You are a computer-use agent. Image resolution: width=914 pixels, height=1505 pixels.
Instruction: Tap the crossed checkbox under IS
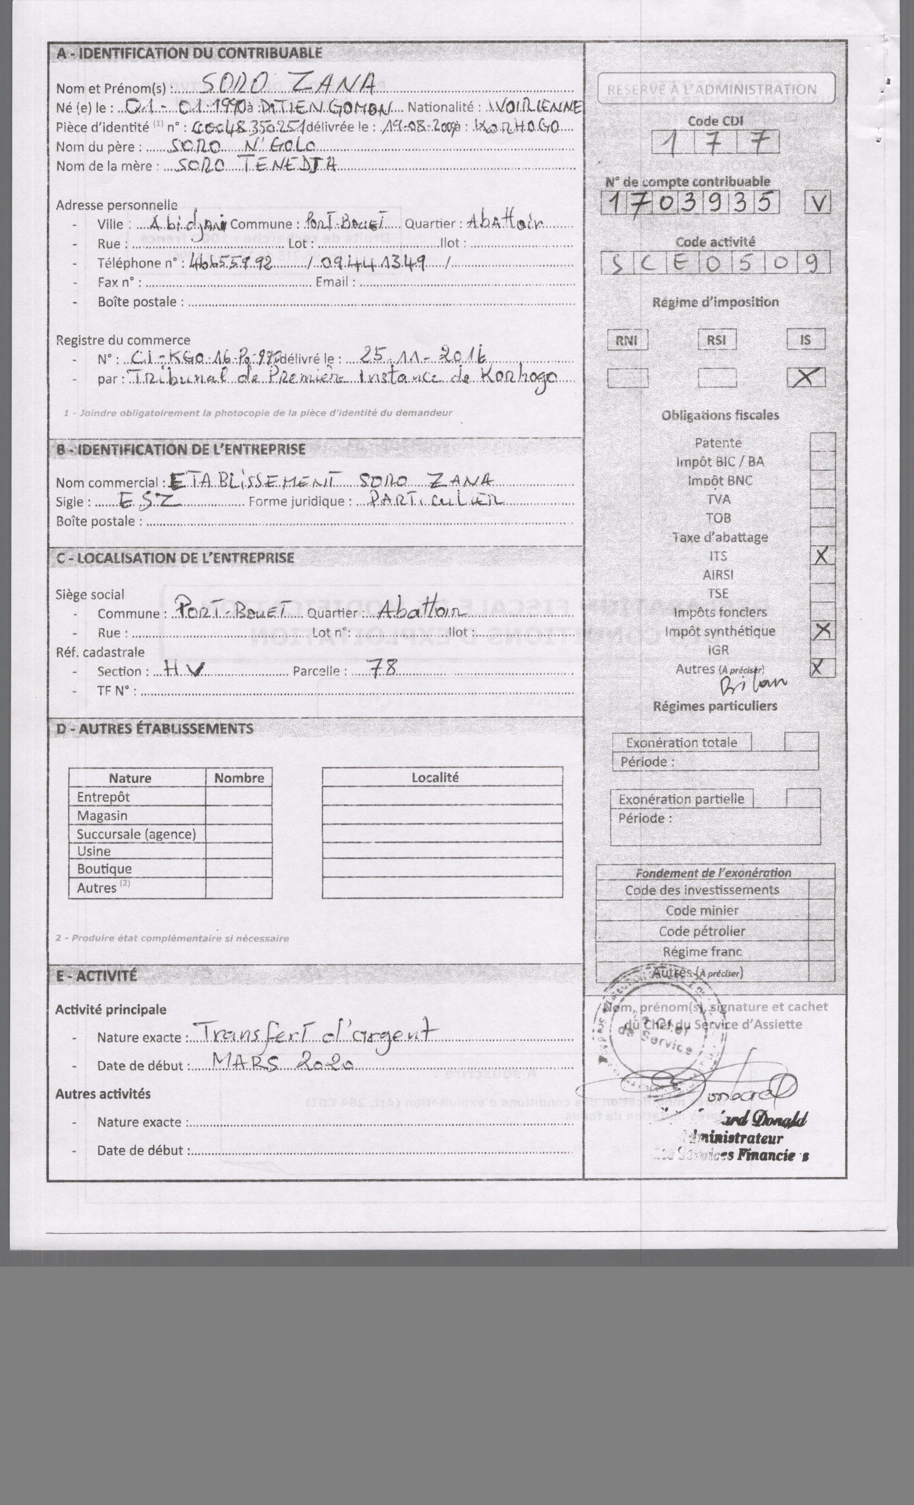[x=805, y=378]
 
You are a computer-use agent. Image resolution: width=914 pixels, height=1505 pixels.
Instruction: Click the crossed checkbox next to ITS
[x=822, y=556]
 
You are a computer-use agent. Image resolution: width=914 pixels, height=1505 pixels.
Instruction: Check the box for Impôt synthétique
[x=822, y=630]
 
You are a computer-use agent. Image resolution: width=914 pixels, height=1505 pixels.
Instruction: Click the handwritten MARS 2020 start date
[x=282, y=1064]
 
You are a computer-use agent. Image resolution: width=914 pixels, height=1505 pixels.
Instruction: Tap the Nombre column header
[x=239, y=778]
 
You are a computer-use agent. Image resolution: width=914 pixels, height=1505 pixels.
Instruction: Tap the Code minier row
[x=703, y=910]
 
